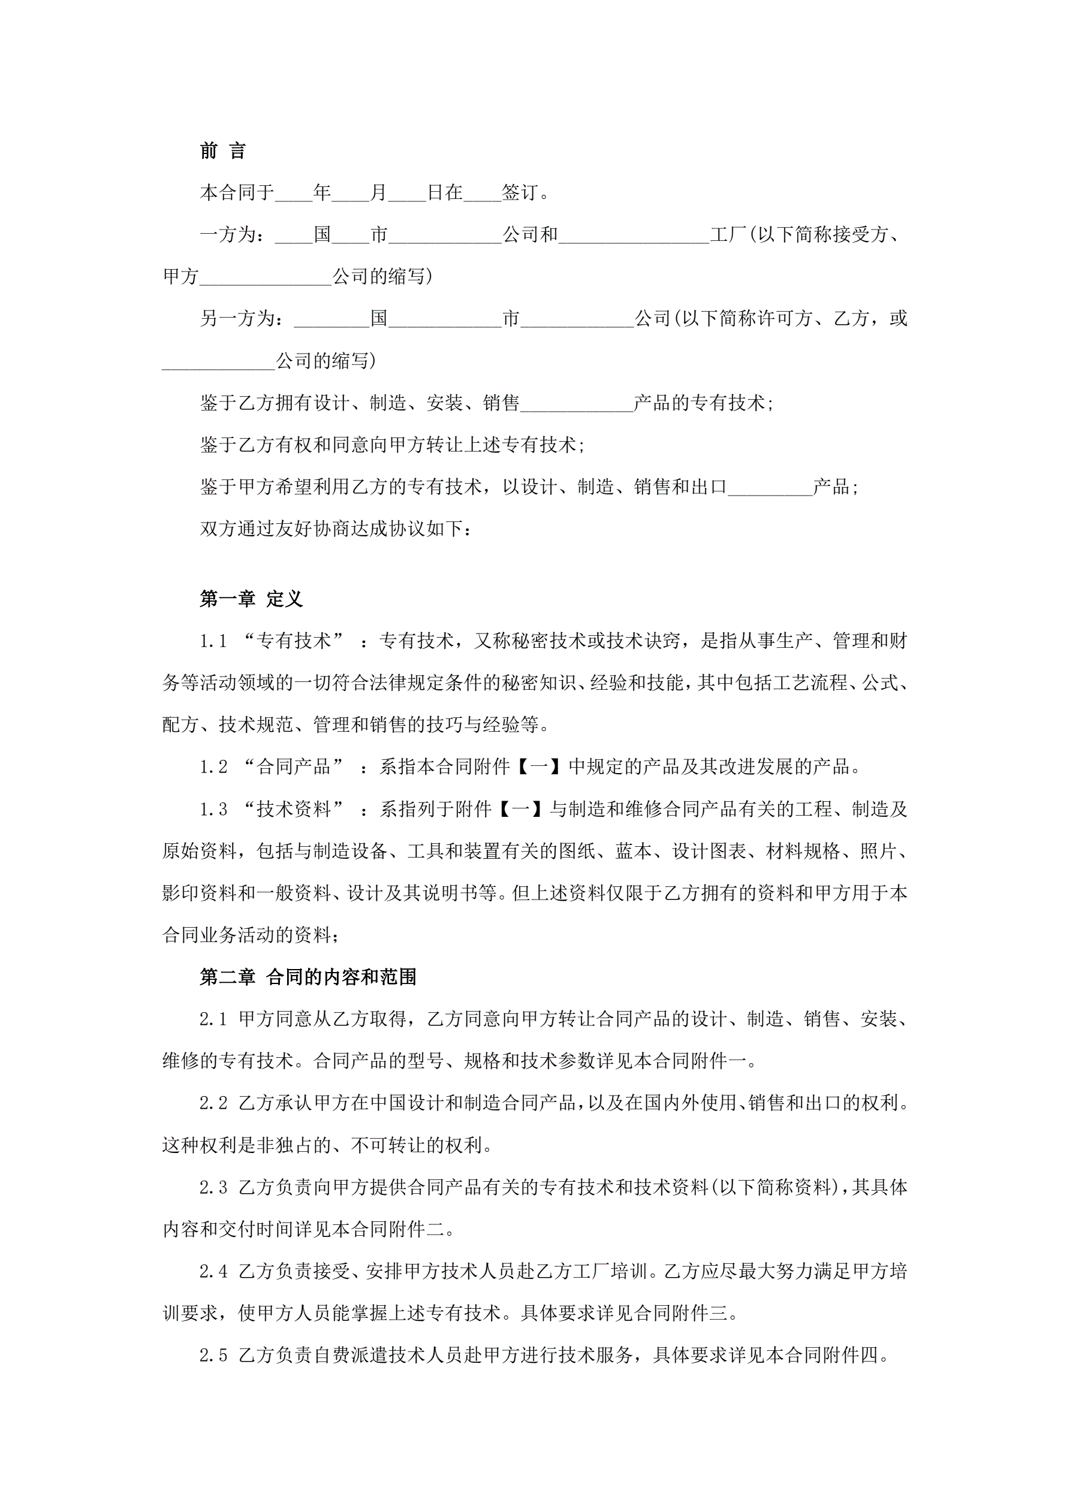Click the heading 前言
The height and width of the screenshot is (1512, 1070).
223,152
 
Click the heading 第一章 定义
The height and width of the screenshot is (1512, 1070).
251,599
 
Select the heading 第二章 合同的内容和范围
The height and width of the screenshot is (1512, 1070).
308,977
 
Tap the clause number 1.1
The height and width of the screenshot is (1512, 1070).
213,641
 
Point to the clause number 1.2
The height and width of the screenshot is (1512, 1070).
213,766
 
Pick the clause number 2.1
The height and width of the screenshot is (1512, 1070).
213,1019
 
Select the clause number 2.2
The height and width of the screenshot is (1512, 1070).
213,1103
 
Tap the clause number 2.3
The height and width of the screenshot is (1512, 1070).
213,1187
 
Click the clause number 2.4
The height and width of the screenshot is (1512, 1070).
213,1271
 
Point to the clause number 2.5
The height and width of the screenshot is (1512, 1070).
213,1355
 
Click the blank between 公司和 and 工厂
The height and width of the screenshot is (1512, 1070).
634,236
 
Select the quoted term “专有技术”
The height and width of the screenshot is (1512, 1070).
294,641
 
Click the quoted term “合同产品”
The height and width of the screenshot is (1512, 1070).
294,766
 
